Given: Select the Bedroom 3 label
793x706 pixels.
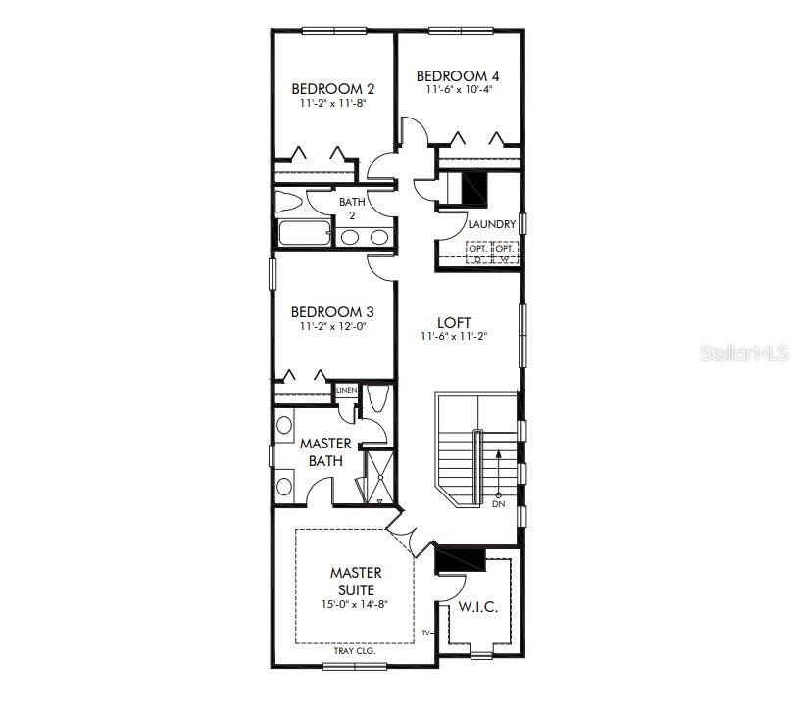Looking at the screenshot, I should pyautogui.click(x=333, y=312).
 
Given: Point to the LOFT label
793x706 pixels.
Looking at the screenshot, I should pyautogui.click(x=454, y=322).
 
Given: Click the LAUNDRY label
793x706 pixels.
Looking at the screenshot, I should pyautogui.click(x=491, y=224).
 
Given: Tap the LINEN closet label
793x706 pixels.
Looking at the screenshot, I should pyautogui.click(x=345, y=390).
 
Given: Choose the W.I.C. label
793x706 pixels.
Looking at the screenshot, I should pyautogui.click(x=478, y=608).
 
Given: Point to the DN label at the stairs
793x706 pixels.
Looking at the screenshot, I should pyautogui.click(x=498, y=504).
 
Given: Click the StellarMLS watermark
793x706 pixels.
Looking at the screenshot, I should pyautogui.click(x=743, y=352).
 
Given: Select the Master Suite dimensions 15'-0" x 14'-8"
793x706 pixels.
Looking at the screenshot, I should pyautogui.click(x=356, y=604).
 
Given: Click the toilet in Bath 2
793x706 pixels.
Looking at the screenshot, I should pyautogui.click(x=289, y=203).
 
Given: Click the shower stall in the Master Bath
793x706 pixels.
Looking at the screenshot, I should pyautogui.click(x=377, y=477).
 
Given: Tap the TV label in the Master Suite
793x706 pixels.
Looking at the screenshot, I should pyautogui.click(x=426, y=634).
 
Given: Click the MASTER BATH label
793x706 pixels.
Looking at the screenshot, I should pyautogui.click(x=324, y=451).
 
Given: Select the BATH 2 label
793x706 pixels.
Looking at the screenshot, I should pyautogui.click(x=352, y=208).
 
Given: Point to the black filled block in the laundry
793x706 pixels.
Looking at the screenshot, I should pyautogui.click(x=473, y=186).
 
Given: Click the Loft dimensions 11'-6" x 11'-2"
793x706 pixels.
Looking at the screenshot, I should pyautogui.click(x=454, y=336).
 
